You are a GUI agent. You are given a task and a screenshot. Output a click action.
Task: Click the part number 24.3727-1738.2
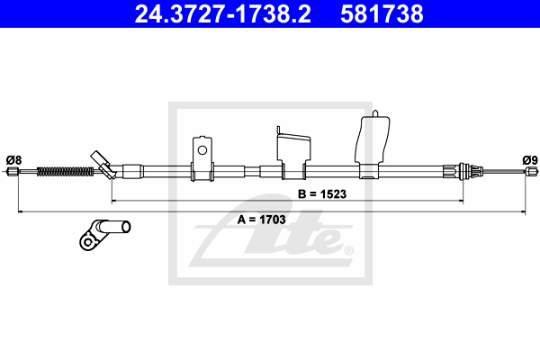[223, 14]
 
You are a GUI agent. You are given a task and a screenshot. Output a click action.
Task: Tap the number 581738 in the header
[382, 14]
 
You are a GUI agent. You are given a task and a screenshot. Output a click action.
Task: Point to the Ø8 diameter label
[13, 160]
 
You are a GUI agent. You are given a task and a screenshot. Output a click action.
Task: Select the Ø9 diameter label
[530, 160]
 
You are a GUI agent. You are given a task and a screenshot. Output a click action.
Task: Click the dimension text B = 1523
[322, 194]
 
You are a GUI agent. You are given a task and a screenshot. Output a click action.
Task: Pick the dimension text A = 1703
[261, 220]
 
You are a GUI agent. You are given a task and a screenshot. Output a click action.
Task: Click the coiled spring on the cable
[65, 171]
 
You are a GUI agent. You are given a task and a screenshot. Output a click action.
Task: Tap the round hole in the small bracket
[202, 150]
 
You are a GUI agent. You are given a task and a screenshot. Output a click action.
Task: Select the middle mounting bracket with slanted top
[293, 153]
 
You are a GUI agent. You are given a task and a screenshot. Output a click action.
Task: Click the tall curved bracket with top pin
[372, 145]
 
